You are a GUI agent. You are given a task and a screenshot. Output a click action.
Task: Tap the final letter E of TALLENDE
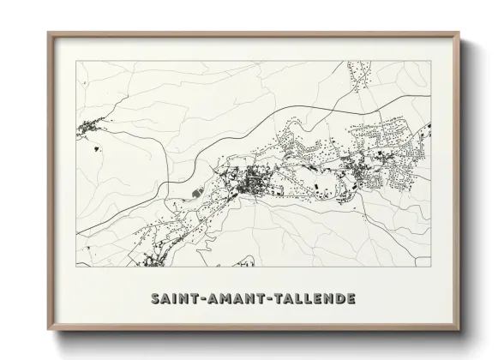[x=351, y=299]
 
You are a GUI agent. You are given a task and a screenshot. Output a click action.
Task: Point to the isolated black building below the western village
[x=94, y=147]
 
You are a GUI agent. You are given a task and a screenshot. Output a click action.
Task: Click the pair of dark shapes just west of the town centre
[x=199, y=192]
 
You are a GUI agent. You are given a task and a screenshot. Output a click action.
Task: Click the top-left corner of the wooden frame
[x=49, y=33]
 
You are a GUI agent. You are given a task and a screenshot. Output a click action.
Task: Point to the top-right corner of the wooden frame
[x=459, y=33]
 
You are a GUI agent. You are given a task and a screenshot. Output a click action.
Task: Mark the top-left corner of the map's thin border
[x=76, y=62]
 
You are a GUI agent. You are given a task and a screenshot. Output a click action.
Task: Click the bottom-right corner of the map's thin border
[x=431, y=267]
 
